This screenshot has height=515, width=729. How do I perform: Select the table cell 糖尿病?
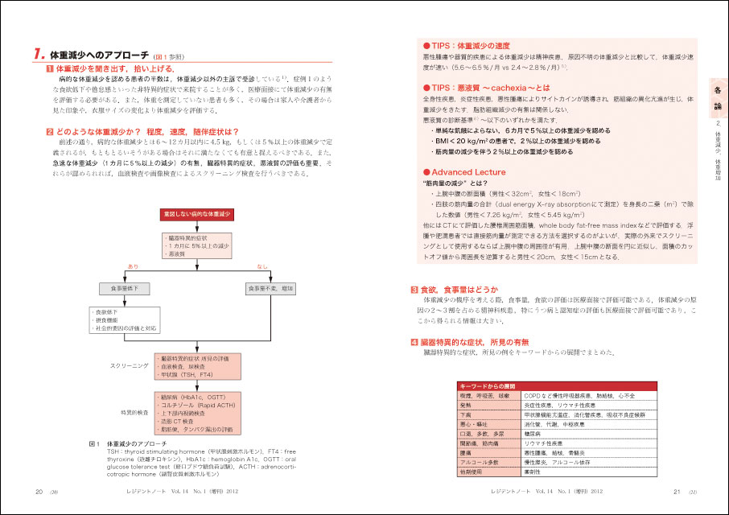tap(556, 432)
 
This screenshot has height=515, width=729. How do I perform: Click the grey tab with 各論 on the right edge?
tap(719, 100)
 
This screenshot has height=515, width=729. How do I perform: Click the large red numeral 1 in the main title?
tap(39, 54)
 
